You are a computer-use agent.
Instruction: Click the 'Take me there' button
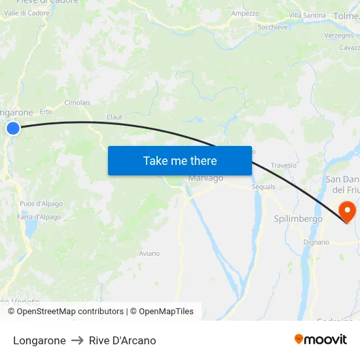coord(180,160)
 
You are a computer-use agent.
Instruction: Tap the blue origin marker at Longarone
coord(13,129)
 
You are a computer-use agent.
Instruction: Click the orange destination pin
coord(346,211)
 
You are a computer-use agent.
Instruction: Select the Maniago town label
coord(206,178)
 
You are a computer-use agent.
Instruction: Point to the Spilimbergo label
coord(298,219)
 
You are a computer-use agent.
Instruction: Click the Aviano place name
coord(149,253)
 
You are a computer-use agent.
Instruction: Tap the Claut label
coord(115,117)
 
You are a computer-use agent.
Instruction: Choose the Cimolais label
coord(77,103)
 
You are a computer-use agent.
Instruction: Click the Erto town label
coord(46,112)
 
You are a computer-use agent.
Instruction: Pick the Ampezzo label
coord(245,13)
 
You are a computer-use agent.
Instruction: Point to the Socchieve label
coord(273,27)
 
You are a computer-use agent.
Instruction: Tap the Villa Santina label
coord(307,15)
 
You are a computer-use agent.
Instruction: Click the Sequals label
coord(264,187)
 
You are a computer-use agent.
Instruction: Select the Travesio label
coord(283,166)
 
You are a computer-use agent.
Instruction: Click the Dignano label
coord(316,242)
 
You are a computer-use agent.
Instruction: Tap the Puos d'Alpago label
coord(41,204)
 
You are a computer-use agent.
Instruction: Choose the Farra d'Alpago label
coord(39,217)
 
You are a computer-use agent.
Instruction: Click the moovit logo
coord(321,340)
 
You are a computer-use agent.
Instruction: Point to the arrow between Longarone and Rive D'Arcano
coord(77,340)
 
